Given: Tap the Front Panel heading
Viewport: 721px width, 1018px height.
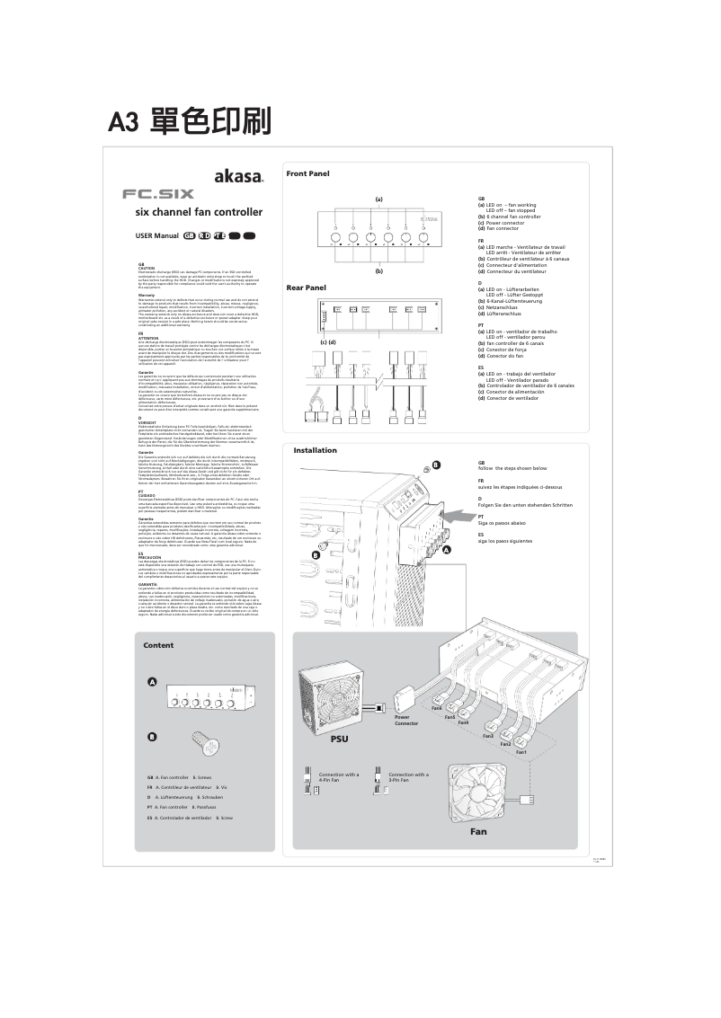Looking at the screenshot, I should pos(307,173).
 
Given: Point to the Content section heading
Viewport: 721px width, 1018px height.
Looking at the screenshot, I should pos(158,646).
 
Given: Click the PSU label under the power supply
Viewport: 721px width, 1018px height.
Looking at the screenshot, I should pos(338,739).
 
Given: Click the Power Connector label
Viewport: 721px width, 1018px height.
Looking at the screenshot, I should pos(406,720).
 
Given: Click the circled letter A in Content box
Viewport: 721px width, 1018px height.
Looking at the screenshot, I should pos(153,684).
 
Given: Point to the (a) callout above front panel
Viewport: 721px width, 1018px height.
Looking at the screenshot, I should pos(378,198).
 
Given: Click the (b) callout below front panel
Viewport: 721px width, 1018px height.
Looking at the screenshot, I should pos(378,270).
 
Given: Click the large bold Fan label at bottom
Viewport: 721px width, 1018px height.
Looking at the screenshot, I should pos(478,832).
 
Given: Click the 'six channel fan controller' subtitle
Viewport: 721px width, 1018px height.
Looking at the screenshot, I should pos(198,213).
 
